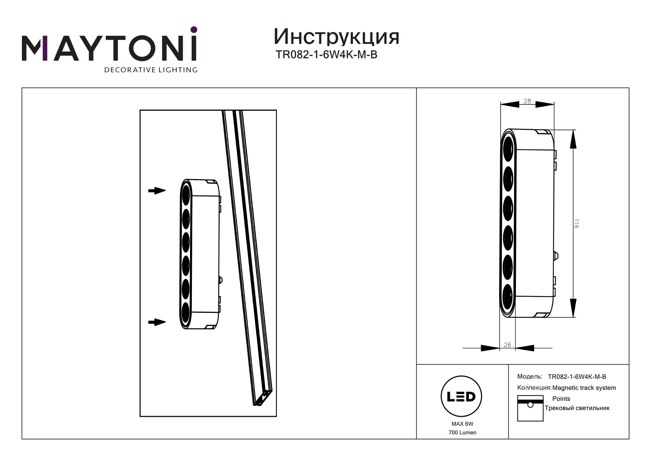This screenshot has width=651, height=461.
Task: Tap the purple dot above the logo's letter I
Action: [x=193, y=29]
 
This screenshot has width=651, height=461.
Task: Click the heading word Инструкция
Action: [x=336, y=37]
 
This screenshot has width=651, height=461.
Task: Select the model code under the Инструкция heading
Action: [x=326, y=55]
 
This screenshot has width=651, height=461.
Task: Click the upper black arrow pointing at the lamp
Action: [x=157, y=191]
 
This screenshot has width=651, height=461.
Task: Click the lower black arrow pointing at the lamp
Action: [x=157, y=322]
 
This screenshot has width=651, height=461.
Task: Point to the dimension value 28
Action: [x=527, y=101]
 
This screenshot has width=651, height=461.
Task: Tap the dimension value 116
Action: [x=576, y=224]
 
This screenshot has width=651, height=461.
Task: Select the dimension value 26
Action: [x=507, y=345]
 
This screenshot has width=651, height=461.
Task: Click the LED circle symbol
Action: [x=461, y=397]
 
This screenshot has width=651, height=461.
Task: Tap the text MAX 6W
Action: [x=462, y=424]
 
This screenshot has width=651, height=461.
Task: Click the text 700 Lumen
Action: [x=462, y=432]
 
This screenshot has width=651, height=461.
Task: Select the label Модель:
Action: [x=530, y=377]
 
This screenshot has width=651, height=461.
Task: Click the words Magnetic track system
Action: [x=584, y=388]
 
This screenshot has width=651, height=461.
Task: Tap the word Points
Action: [x=561, y=399]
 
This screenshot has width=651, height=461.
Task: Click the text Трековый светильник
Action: [x=577, y=408]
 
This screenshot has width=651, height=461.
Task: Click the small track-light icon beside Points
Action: [x=530, y=408]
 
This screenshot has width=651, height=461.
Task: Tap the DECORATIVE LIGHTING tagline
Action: [x=151, y=70]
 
